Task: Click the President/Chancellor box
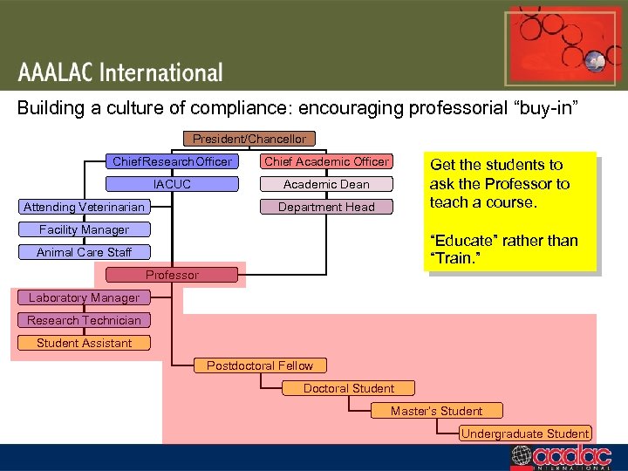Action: pyautogui.click(x=249, y=139)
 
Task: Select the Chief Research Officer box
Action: pyautogui.click(x=172, y=161)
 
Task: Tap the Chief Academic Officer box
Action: pyautogui.click(x=326, y=161)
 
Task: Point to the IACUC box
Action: pyautogui.click(x=172, y=184)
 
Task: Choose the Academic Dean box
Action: pyautogui.click(x=326, y=184)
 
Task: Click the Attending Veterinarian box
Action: pyautogui.click(x=85, y=207)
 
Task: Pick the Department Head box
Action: pyautogui.click(x=326, y=207)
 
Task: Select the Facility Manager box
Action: pyautogui.click(x=85, y=229)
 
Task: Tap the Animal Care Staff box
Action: pyautogui.click(x=85, y=252)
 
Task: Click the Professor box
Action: pyautogui.click(x=172, y=275)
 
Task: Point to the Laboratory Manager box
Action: pyautogui.click(x=84, y=297)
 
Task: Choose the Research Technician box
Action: pyautogui.click(x=84, y=320)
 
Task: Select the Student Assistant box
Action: pyautogui.click(x=84, y=343)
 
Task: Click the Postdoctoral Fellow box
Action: pyautogui.click(x=260, y=365)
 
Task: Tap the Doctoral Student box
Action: pyautogui.click(x=349, y=388)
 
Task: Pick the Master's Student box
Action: pyautogui.click(x=436, y=411)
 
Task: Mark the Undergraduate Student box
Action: pyautogui.click(x=525, y=433)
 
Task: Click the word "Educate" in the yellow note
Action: pyautogui.click(x=460, y=241)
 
